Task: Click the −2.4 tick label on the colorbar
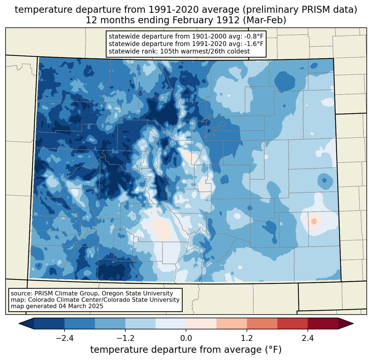pos(64,338)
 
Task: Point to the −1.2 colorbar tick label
pos(125,338)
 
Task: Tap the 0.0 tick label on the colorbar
pos(186,338)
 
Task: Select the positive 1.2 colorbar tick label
pos(247,338)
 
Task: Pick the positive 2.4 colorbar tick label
pos(308,338)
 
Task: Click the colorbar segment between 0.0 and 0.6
pos(201,323)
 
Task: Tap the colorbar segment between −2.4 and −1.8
pos(80,323)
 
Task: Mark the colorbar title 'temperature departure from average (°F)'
pos(186,350)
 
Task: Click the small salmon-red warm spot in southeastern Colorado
pos(314,221)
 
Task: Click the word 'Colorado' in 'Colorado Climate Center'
pos(40,300)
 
